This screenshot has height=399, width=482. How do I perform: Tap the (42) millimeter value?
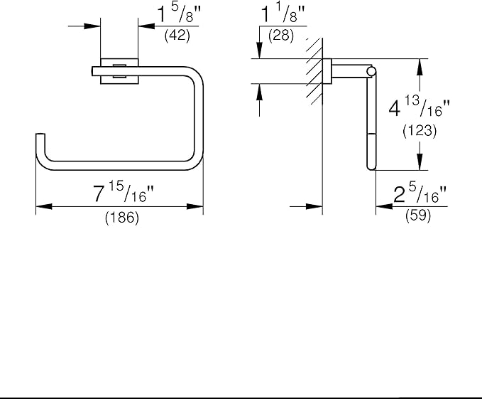176,36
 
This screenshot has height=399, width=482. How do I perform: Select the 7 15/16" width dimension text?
122,192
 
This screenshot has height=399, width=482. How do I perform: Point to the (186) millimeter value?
122,219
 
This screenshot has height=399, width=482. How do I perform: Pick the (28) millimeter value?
280,35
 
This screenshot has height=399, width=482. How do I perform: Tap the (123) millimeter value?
419,132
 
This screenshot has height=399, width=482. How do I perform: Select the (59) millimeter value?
419,218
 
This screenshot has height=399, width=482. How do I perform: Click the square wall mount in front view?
119,70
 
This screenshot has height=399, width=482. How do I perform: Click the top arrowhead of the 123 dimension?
421,64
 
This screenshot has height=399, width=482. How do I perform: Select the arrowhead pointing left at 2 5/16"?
383,207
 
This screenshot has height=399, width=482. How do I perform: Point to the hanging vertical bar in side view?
370,121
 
